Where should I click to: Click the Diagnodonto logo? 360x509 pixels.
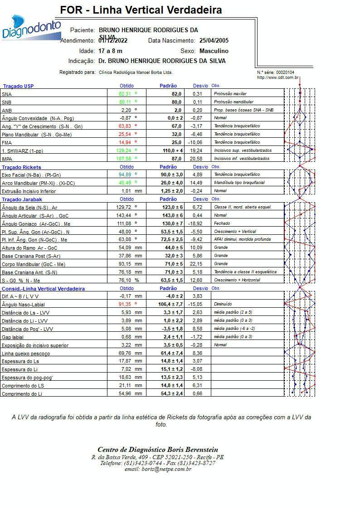pos(31,27)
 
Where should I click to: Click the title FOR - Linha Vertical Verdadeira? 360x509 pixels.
pos(141,10)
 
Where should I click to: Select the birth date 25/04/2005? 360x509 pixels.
pos(214,41)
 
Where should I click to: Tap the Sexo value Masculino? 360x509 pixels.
pos(214,51)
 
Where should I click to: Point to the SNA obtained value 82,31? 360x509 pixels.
pos(125,94)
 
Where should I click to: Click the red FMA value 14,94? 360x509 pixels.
pos(125,143)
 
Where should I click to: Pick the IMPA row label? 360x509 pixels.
pos(7,159)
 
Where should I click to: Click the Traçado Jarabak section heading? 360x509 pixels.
pos(22,199)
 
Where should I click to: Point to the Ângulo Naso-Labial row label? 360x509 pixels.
pos(23,305)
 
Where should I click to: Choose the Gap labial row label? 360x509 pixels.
pos(13,337)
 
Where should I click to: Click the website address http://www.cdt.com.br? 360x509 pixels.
pos(277,78)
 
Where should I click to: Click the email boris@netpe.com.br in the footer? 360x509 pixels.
pos(158,469)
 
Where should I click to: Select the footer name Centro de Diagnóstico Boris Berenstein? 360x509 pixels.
pos(158,450)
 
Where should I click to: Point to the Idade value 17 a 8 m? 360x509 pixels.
pos(110,51)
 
